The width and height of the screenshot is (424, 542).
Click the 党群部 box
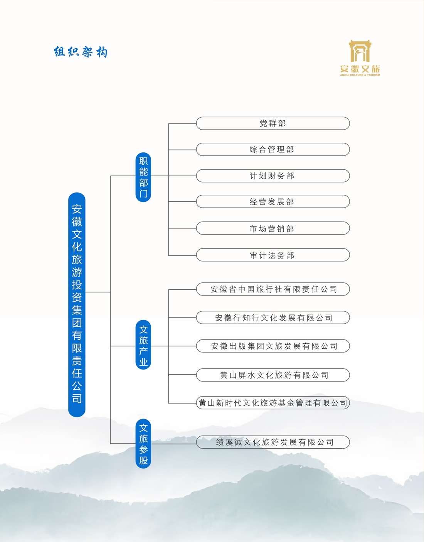point(273,123)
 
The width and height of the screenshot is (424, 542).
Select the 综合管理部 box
point(273,149)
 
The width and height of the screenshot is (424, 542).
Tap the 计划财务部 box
point(273,176)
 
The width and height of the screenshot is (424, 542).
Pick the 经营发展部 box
point(273,202)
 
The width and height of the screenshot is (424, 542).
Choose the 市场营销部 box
point(273,228)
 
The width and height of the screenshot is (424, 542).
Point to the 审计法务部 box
point(273,255)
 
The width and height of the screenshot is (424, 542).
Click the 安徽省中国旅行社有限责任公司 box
point(273,289)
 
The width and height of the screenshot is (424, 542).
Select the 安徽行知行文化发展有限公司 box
point(273,318)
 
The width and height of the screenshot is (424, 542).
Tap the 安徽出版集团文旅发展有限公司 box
point(273,346)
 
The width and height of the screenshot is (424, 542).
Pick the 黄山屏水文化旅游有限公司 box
point(273,375)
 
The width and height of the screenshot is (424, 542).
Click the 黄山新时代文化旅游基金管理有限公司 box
point(273,403)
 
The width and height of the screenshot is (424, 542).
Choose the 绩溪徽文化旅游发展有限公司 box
point(273,442)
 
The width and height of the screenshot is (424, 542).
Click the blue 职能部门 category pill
point(143,177)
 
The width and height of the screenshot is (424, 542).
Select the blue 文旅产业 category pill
point(143,345)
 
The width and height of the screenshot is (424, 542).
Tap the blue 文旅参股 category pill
point(143,444)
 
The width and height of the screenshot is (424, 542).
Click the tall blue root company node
point(77,304)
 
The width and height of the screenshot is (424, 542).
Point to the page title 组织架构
point(81,52)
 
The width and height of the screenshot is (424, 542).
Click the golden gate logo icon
point(360,51)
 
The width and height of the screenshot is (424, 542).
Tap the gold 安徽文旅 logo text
point(360,69)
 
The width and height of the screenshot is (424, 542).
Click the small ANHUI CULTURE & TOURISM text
point(360,75)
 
